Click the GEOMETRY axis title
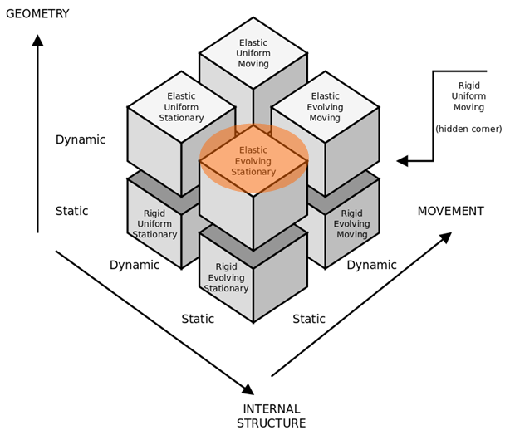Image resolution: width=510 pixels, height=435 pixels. click(x=37, y=13)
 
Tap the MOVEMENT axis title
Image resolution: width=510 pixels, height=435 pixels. click(x=450, y=211)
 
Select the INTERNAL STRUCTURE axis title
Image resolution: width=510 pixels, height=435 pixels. click(x=271, y=416)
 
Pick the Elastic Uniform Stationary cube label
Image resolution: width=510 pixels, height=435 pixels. click(x=181, y=107)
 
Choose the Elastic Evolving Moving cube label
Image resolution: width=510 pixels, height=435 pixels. click(x=325, y=107)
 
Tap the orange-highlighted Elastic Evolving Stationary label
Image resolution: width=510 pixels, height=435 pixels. click(x=253, y=161)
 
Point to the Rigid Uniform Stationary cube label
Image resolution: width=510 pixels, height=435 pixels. click(x=154, y=224)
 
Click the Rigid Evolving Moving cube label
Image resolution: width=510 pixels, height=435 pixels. click(x=351, y=224)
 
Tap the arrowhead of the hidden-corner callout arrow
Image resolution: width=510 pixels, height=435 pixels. click(x=402, y=160)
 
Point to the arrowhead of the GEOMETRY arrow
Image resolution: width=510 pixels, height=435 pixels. click(x=37, y=40)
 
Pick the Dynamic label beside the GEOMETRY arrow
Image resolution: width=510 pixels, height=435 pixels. click(x=81, y=139)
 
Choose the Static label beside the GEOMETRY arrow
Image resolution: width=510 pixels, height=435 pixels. click(x=72, y=211)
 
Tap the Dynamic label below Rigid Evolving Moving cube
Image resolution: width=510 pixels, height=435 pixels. click(x=371, y=265)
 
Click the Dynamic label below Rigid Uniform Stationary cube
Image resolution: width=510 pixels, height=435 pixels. click(x=135, y=265)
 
